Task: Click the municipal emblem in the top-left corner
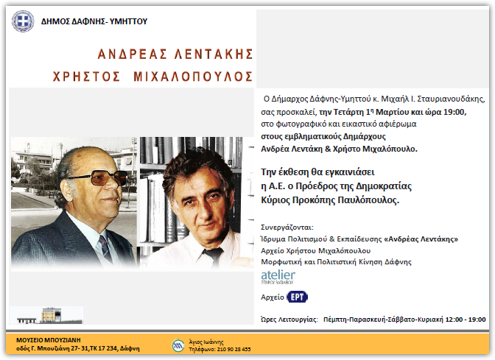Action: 22,21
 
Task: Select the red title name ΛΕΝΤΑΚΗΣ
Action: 206,54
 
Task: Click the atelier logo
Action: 278,277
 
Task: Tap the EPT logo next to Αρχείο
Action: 297,297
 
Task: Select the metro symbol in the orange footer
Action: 178,345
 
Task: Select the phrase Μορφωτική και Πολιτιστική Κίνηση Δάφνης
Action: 336,261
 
